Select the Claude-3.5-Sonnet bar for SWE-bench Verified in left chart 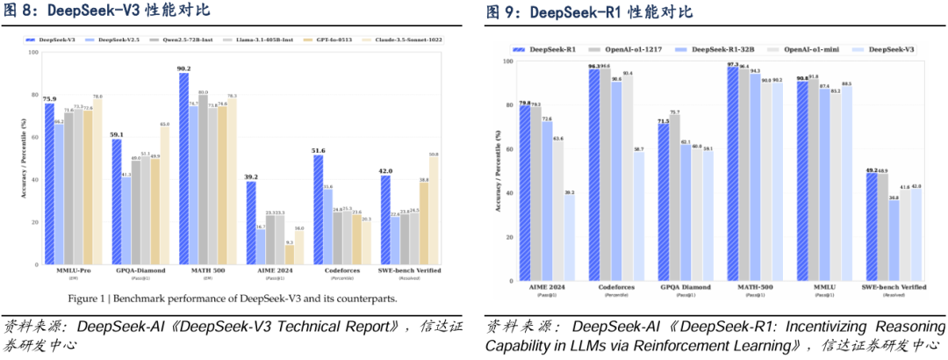(x=434, y=211)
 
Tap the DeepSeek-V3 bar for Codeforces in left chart (x=319, y=211)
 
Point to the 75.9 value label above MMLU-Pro (x=49, y=99)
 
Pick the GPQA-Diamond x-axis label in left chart (x=117, y=271)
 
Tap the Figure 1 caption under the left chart (x=233, y=299)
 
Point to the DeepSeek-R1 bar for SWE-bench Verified (x=869, y=227)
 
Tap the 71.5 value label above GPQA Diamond (x=663, y=120)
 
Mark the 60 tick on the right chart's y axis (x=507, y=149)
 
